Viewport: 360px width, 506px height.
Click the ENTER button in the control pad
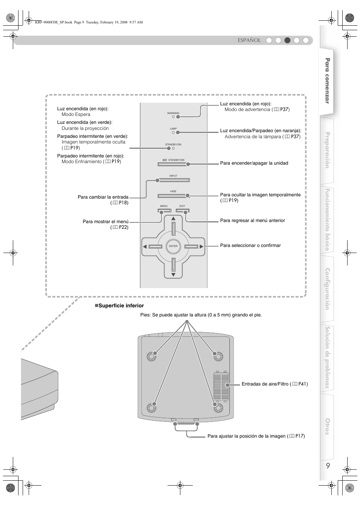pyautogui.click(x=173, y=246)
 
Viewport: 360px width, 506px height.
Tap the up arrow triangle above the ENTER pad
pyautogui.click(x=174, y=219)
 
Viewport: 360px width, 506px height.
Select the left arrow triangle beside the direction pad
pyautogui.click(x=145, y=247)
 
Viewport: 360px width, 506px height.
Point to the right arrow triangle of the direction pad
pyautogui.click(x=202, y=247)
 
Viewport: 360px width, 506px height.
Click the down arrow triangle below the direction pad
pyautogui.click(x=174, y=275)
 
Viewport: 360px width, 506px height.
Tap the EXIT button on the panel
pyautogui.click(x=183, y=211)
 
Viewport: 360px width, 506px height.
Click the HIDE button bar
pyautogui.click(x=173, y=196)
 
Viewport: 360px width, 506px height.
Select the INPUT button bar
pyautogui.click(x=173, y=180)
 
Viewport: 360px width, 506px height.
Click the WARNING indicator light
pyautogui.click(x=174, y=117)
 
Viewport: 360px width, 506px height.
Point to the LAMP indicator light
pyautogui.click(x=174, y=133)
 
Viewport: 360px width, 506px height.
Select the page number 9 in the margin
pyautogui.click(x=328, y=466)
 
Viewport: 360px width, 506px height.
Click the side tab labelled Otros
pyautogui.click(x=328, y=426)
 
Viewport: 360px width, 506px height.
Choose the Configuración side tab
pyautogui.click(x=328, y=289)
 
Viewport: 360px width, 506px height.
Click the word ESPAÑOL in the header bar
pyautogui.click(x=249, y=40)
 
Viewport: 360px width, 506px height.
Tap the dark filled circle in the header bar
pyautogui.click(x=288, y=40)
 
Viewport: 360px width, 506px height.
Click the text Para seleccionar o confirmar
pyautogui.click(x=250, y=245)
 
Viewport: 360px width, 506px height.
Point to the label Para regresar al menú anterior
pyautogui.click(x=252, y=221)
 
